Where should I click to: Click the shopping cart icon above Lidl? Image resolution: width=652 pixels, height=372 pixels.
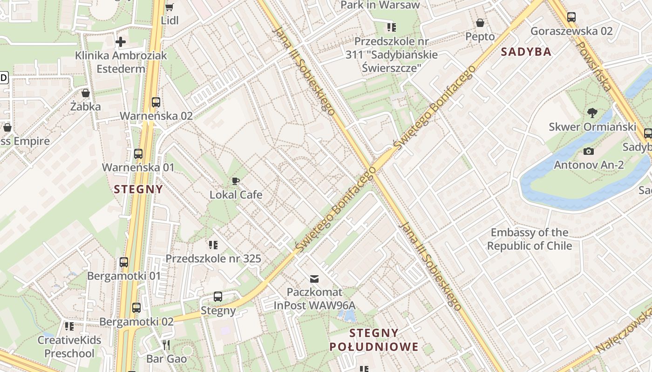[169, 7]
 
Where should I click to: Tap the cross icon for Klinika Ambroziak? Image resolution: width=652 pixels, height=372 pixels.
[121, 42]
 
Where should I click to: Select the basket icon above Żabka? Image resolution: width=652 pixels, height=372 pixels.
[85, 93]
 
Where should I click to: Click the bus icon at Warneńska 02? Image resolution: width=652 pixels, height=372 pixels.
[156, 102]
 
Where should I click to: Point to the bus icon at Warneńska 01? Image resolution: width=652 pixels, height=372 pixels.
[138, 154]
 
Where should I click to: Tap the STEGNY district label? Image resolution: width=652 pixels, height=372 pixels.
[139, 189]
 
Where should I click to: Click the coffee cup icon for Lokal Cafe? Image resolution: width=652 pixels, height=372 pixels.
[236, 181]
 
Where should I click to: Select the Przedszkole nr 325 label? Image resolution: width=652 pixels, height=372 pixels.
[213, 259]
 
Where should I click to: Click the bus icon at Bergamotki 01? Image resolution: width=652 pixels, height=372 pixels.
[124, 262]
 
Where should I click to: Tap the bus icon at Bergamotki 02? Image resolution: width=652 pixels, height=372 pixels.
[136, 308]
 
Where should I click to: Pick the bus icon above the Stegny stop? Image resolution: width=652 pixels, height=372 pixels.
[217, 297]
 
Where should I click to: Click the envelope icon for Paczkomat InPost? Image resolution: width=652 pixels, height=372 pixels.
[314, 279]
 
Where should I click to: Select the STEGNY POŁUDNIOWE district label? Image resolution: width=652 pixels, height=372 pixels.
[374, 340]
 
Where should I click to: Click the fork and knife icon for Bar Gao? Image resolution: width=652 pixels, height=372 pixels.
[166, 345]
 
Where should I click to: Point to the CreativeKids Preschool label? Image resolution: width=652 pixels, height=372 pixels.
[69, 346]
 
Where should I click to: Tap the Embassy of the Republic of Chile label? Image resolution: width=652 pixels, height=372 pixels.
[530, 239]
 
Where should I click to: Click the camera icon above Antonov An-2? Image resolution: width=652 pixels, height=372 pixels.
[589, 151]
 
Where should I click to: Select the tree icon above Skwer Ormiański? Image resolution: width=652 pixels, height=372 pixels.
[592, 113]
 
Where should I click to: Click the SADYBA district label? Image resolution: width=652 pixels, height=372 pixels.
[526, 52]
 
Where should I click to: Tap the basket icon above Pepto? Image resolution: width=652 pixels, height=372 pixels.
[480, 23]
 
